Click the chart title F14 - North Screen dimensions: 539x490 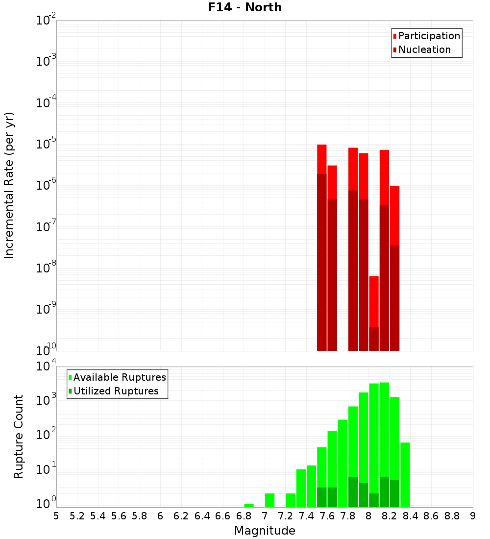click(x=245, y=7)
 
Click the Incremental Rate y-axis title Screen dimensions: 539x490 click(x=9, y=185)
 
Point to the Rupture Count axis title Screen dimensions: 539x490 click(x=19, y=437)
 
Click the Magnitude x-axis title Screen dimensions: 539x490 click(x=265, y=531)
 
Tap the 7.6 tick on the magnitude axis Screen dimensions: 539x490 click(x=327, y=515)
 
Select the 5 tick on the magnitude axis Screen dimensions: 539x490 click(x=56, y=515)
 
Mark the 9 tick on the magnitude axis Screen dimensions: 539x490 click(x=473, y=515)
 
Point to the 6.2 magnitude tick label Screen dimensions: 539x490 click(x=181, y=515)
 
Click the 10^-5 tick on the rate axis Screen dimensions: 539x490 click(x=46, y=144)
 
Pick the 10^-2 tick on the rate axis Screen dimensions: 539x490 click(x=46, y=21)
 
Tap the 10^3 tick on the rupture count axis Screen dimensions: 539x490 click(x=46, y=400)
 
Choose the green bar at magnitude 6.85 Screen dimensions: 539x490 click(x=249, y=505)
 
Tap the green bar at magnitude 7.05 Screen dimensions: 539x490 click(x=269, y=500)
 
